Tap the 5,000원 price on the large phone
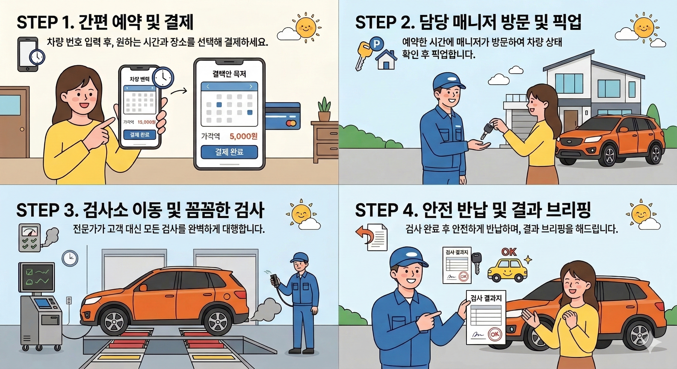click(243, 136)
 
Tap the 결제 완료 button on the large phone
click(229, 152)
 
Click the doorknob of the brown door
click(22, 129)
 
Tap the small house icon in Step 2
click(386, 60)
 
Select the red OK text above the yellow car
click(509, 252)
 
